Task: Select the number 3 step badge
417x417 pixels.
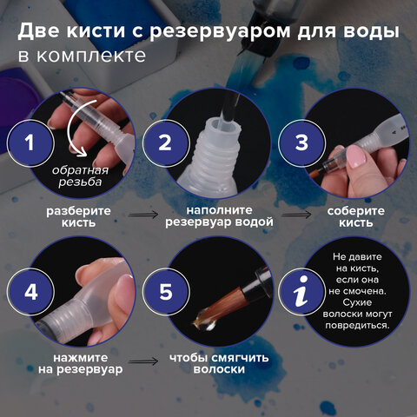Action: (301, 142)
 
